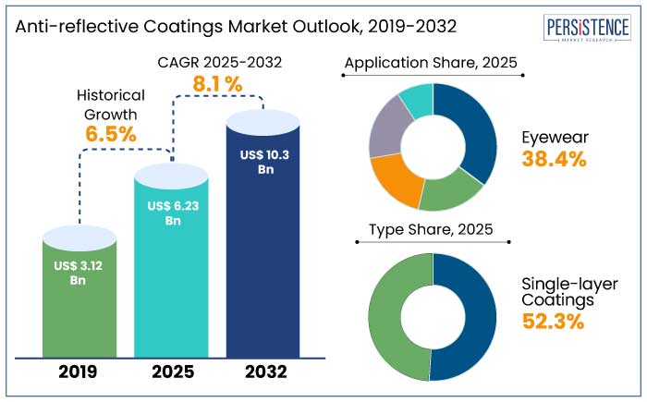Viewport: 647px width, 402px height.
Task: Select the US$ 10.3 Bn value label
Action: coord(262,162)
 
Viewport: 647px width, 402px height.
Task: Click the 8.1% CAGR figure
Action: coord(216,84)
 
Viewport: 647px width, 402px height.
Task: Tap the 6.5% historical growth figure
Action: coord(111,133)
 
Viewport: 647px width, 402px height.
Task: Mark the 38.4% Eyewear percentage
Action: coord(555,159)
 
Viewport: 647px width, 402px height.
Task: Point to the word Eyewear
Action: coord(555,137)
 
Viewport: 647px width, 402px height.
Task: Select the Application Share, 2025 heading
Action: coord(431,64)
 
